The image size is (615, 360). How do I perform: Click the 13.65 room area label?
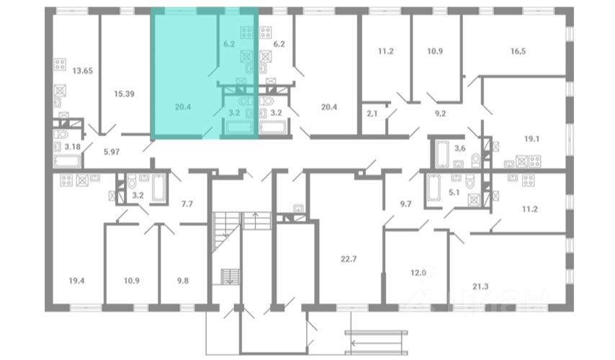click(x=83, y=71)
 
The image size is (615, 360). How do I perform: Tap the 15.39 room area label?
click(x=124, y=94)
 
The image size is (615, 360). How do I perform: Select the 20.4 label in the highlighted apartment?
click(x=183, y=107)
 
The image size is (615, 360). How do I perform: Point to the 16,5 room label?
click(x=518, y=51)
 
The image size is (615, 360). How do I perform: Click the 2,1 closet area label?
click(x=372, y=114)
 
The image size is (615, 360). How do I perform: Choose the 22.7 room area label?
click(x=349, y=259)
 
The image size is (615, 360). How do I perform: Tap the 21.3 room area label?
click(x=480, y=287)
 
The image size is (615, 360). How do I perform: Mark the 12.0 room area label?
click(x=418, y=273)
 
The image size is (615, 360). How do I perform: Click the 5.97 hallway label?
click(x=112, y=152)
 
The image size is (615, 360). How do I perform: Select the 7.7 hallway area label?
click(x=187, y=204)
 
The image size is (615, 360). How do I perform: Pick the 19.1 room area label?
click(x=531, y=139)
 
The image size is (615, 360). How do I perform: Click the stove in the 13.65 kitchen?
click(x=60, y=64)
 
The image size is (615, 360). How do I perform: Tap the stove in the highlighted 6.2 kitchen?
click(x=247, y=32)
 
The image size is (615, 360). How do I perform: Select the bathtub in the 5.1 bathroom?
click(x=433, y=187)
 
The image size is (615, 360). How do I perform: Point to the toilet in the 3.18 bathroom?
click(x=61, y=135)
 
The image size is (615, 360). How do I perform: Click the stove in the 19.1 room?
click(x=535, y=161)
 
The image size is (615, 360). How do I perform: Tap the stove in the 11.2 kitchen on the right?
click(x=529, y=180)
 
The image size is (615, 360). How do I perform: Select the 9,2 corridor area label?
click(x=441, y=114)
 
